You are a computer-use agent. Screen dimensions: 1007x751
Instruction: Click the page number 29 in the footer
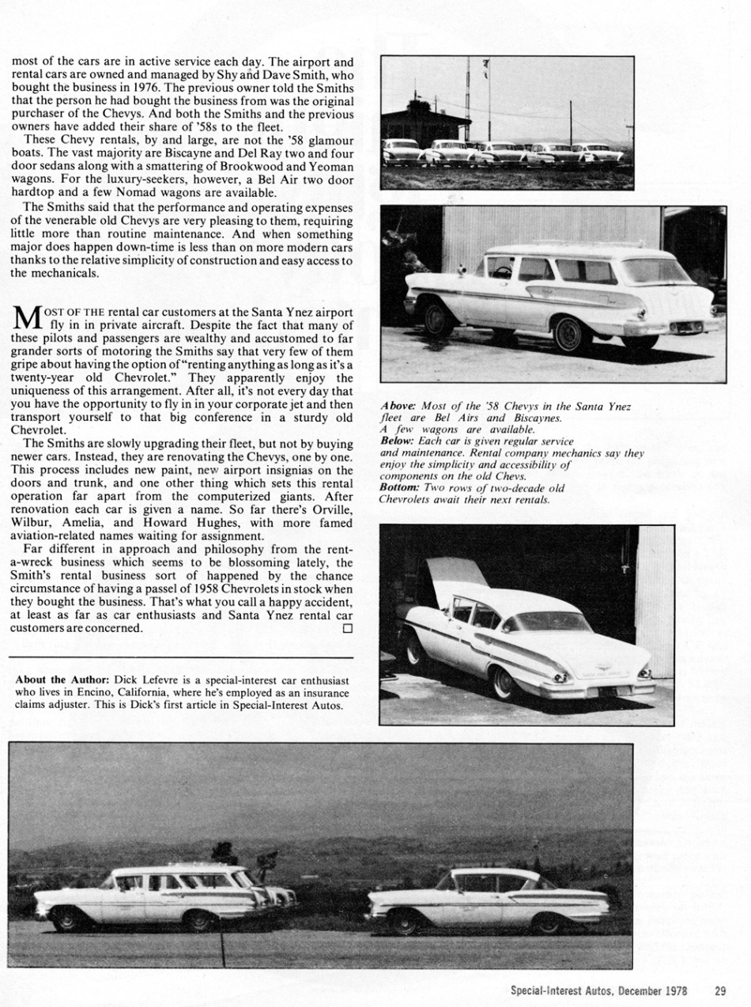point(720,990)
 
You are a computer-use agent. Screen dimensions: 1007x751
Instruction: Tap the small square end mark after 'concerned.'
point(347,628)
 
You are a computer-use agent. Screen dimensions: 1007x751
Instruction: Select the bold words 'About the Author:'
point(63,680)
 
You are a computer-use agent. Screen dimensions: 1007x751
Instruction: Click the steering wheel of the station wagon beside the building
point(503,272)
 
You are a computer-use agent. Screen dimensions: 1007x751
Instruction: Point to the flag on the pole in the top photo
point(485,63)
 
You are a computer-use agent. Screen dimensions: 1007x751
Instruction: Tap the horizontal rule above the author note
point(180,657)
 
